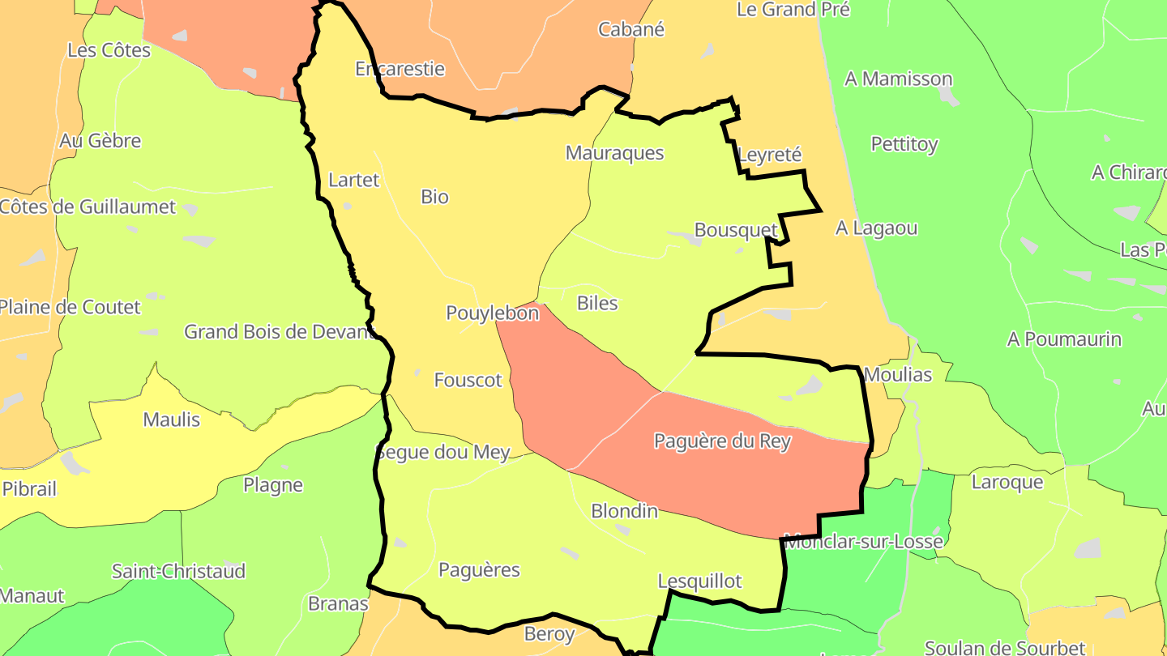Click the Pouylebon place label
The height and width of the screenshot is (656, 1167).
pos(492,313)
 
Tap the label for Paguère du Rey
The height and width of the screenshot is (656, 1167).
pos(722,441)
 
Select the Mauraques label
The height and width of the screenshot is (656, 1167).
pos(614,153)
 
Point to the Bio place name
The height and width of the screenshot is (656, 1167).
pos(434,197)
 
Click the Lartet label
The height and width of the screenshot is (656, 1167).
pos(353,180)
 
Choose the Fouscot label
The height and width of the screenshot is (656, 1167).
pos(468,380)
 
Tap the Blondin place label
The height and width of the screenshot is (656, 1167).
pos(624,511)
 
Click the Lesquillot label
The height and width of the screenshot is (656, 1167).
pos(699,581)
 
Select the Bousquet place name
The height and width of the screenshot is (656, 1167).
pos(736,230)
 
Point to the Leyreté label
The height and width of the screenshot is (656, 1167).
pos(770,155)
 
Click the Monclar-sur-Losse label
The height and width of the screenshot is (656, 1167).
pos(863,542)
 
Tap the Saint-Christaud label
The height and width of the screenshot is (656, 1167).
pos(178,572)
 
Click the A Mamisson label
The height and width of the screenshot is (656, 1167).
pos(898,79)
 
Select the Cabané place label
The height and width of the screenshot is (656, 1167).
pos(631,30)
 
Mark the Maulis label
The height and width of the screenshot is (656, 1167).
pos(171,420)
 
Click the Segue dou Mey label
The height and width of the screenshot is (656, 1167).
pos(442,452)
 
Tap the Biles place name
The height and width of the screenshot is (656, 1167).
pos(597,304)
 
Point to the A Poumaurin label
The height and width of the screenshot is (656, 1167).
pos(1064,339)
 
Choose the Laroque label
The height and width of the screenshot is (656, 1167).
pos(1007,483)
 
